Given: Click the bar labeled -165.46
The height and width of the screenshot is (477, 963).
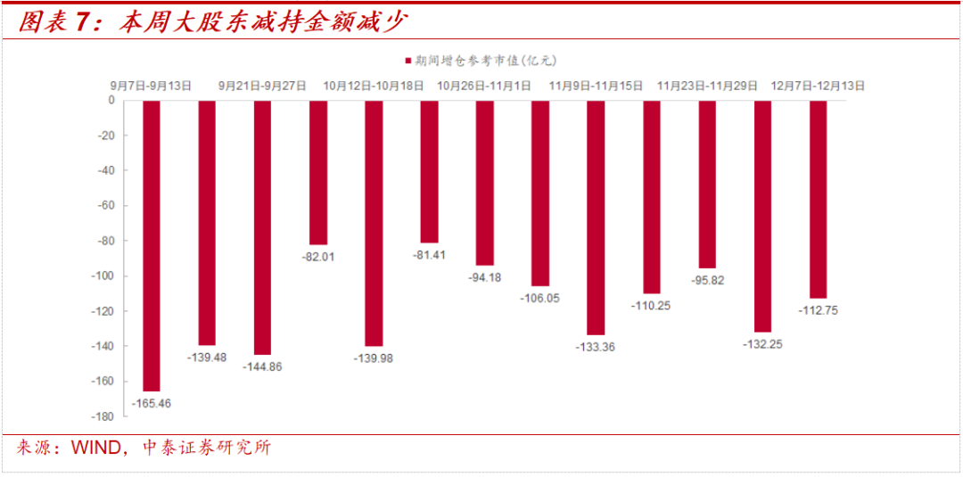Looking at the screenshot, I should pyautogui.click(x=151, y=245).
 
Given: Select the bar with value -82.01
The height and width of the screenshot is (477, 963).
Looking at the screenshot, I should pyautogui.click(x=318, y=172).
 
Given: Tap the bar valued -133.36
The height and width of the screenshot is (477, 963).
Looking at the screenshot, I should pyautogui.click(x=596, y=217).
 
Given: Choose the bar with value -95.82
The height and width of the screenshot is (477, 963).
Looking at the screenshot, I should pyautogui.click(x=706, y=184).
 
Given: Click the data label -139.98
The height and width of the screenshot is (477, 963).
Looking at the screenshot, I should pyautogui.click(x=374, y=358).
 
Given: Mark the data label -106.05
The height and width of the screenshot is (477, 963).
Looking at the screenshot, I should pyautogui.click(x=539, y=299).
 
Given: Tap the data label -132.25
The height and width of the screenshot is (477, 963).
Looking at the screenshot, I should pyautogui.click(x=761, y=345).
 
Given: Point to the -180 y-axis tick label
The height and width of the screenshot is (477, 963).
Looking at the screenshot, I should pyautogui.click(x=103, y=416).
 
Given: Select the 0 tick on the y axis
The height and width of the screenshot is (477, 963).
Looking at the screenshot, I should pyautogui.click(x=111, y=100).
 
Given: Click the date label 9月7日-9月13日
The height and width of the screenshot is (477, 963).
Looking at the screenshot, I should pyautogui.click(x=152, y=86).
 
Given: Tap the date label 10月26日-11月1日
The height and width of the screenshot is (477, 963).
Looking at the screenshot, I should pyautogui.click(x=484, y=86).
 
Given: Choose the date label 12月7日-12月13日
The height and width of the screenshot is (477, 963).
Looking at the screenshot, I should pyautogui.click(x=818, y=86).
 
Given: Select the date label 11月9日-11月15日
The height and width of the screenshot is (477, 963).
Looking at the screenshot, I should pyautogui.click(x=596, y=86).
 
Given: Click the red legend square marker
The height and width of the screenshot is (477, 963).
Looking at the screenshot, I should pyautogui.click(x=407, y=61).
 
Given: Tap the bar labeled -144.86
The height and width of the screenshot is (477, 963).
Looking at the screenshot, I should pyautogui.click(x=262, y=227).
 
